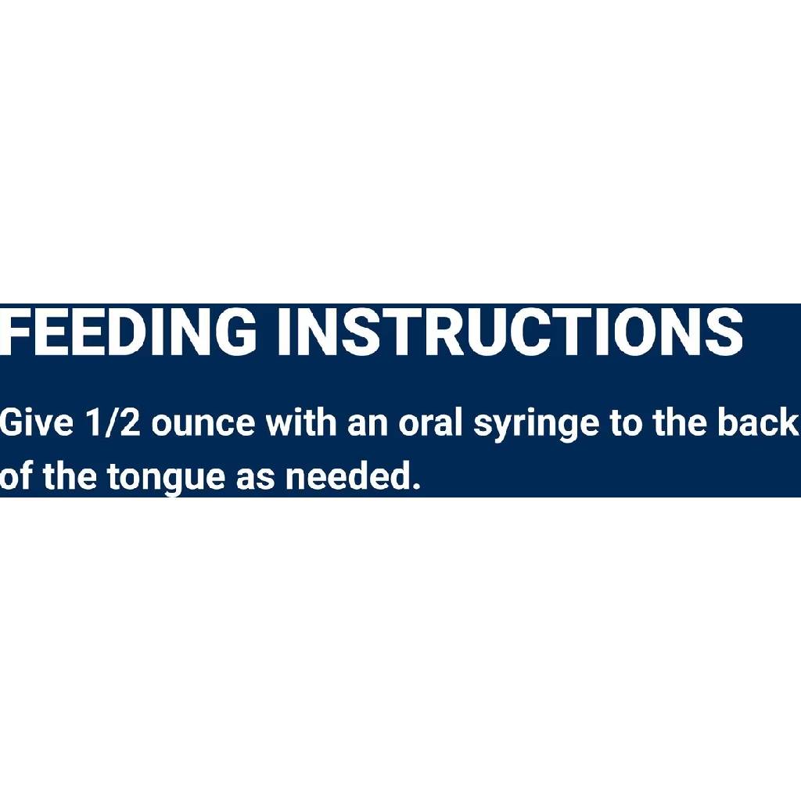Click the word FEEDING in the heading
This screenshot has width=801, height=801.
click(128, 331)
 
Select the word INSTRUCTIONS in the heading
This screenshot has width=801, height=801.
click(510, 331)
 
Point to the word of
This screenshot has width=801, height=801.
click(15, 476)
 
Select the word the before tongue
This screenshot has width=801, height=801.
click(69, 476)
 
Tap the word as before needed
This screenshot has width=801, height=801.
click(255, 478)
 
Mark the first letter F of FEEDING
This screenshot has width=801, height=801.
click(13, 331)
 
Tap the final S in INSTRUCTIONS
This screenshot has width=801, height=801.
click(724, 331)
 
